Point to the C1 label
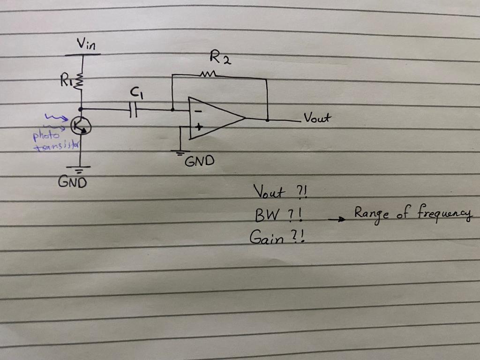[x=135, y=94]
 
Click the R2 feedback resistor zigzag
[x=208, y=74]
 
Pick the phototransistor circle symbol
[x=81, y=126]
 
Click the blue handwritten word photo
[x=46, y=136]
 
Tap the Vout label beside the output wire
[x=317, y=117]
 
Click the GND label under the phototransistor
[x=72, y=182]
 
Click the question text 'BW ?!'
[x=277, y=216]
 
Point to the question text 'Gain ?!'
[x=277, y=238]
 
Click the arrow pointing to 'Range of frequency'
[x=337, y=218]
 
